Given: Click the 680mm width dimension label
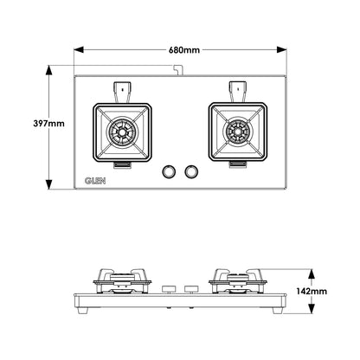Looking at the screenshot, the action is pos(184,50).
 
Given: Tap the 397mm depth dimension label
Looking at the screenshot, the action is pos(49,124).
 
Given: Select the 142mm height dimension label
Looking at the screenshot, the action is pos(312,292).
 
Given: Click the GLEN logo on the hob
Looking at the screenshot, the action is pos(95,181).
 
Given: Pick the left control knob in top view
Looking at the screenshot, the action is pos(168,171).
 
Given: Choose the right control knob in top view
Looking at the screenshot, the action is pos(191,171).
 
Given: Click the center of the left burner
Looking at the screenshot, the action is pos(122,132).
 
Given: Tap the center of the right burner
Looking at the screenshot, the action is pos(238,132).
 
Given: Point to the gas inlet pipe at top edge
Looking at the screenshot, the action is pos(178,70).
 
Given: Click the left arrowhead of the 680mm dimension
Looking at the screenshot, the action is pos(79,50).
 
